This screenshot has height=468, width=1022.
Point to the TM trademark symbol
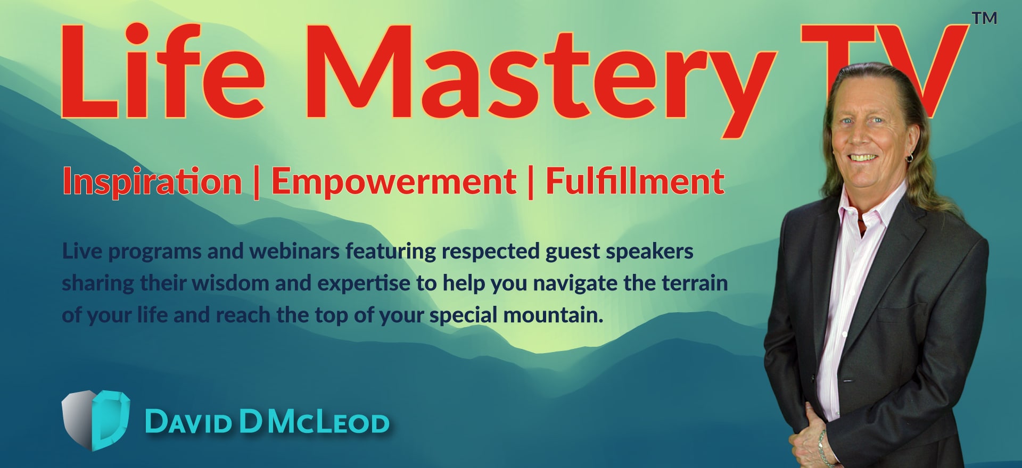(x=984, y=18)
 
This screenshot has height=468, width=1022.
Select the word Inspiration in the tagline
(x=152, y=182)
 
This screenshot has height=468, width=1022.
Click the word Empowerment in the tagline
(x=394, y=182)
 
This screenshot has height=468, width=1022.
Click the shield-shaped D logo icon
(x=96, y=420)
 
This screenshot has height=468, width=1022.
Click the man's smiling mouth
(x=862, y=158)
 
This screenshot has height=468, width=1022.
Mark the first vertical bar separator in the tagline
(x=257, y=183)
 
